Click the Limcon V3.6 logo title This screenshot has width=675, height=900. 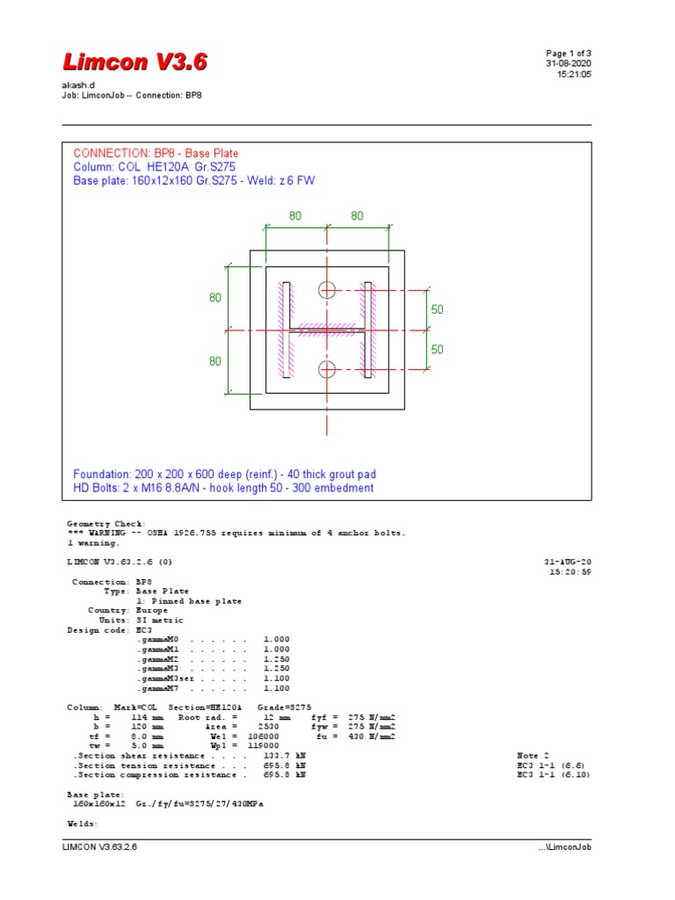(134, 62)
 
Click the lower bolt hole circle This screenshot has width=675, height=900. (328, 368)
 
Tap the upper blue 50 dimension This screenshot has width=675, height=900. (438, 310)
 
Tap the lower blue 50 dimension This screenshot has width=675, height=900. (438, 349)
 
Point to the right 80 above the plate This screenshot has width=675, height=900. (359, 215)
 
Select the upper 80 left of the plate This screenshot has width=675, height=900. (215, 298)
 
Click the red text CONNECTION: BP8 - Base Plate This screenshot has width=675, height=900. (156, 153)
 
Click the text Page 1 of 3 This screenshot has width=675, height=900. (569, 54)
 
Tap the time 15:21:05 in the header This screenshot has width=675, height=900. (575, 75)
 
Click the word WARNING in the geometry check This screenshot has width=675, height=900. (105, 533)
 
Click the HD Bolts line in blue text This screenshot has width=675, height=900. (223, 488)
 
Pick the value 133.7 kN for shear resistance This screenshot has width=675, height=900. (284, 756)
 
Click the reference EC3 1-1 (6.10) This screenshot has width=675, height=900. (553, 775)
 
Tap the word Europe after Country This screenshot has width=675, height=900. (150, 610)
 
